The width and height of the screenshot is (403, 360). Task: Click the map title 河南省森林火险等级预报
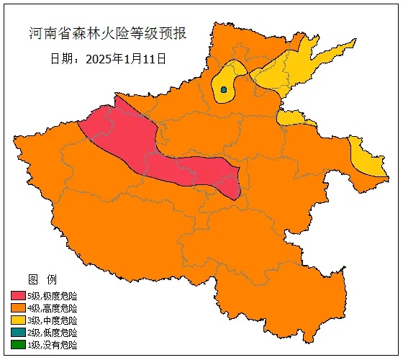click(107, 35)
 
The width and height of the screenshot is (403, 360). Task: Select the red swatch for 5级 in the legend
click(18, 296)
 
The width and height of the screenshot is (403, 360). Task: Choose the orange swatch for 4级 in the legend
click(18, 308)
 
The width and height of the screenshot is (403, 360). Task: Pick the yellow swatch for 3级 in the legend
click(18, 320)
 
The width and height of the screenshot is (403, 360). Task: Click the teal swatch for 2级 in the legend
click(18, 333)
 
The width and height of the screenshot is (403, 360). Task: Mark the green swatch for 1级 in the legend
click(18, 345)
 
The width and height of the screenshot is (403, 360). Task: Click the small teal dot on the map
click(224, 90)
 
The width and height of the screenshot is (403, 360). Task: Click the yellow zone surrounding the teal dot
click(232, 78)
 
